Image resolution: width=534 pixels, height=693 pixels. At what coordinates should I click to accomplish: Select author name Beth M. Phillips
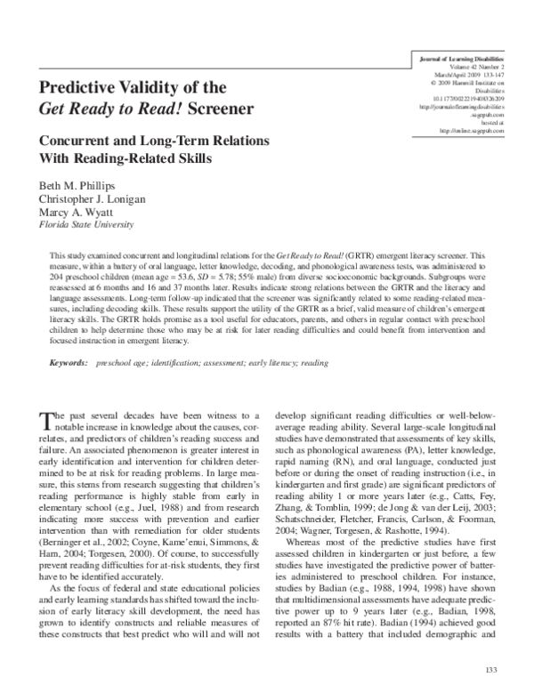tap(74, 183)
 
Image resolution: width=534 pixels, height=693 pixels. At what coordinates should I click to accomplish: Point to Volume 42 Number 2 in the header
tap(466, 64)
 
